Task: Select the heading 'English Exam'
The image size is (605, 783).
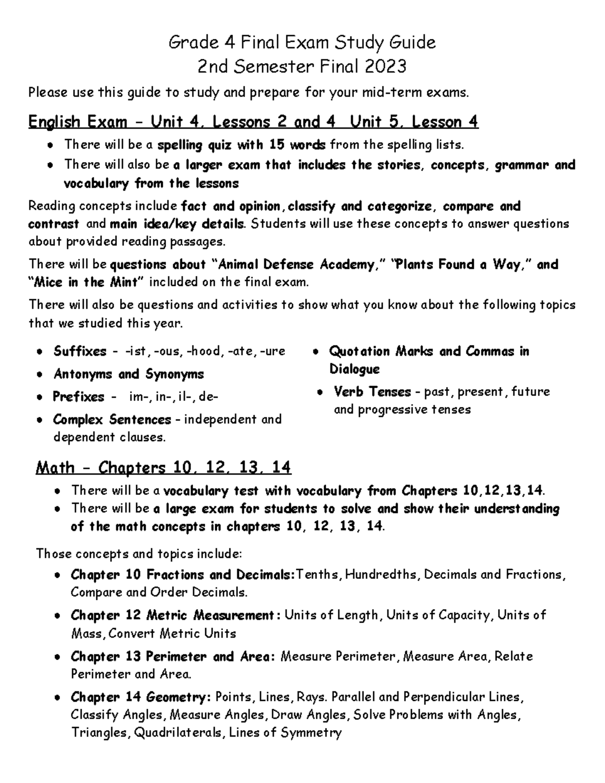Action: click(78, 122)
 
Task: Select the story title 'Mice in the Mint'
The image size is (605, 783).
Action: click(85, 282)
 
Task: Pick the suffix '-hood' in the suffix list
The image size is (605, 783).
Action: click(205, 351)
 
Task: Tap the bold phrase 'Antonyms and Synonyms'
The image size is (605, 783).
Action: click(129, 374)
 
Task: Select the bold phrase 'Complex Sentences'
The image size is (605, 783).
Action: click(112, 419)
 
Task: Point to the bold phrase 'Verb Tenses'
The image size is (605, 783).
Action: click(372, 392)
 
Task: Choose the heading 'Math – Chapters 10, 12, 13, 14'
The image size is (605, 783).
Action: click(163, 468)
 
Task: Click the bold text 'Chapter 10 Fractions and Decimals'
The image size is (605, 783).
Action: click(182, 575)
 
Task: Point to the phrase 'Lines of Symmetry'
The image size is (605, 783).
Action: click(285, 733)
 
